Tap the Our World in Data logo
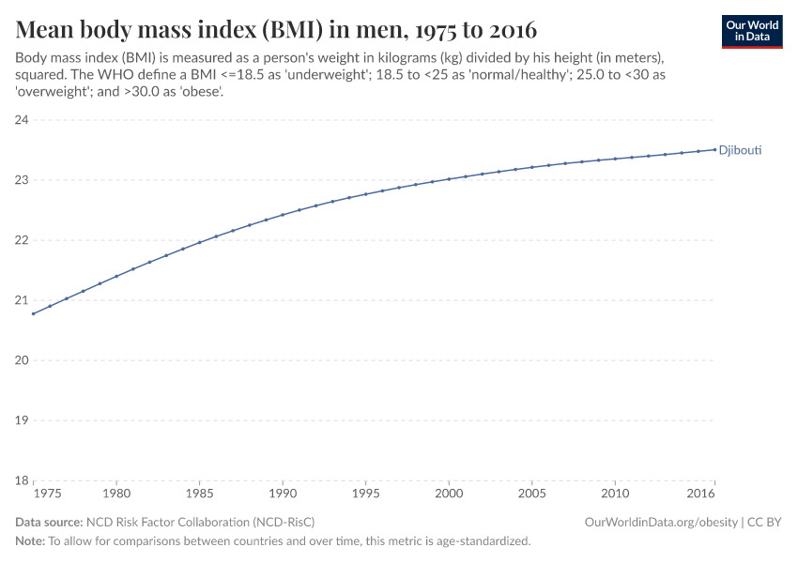[751, 31]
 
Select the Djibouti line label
[741, 150]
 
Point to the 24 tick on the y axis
[22, 120]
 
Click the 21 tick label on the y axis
[22, 300]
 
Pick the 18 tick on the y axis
[22, 480]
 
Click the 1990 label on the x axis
[283, 494]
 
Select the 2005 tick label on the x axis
[532, 494]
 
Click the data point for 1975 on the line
[33, 313]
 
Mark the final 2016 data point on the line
[714, 149]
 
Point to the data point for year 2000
[449, 179]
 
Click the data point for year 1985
[199, 242]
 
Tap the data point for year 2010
[615, 159]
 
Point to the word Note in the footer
[30, 541]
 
